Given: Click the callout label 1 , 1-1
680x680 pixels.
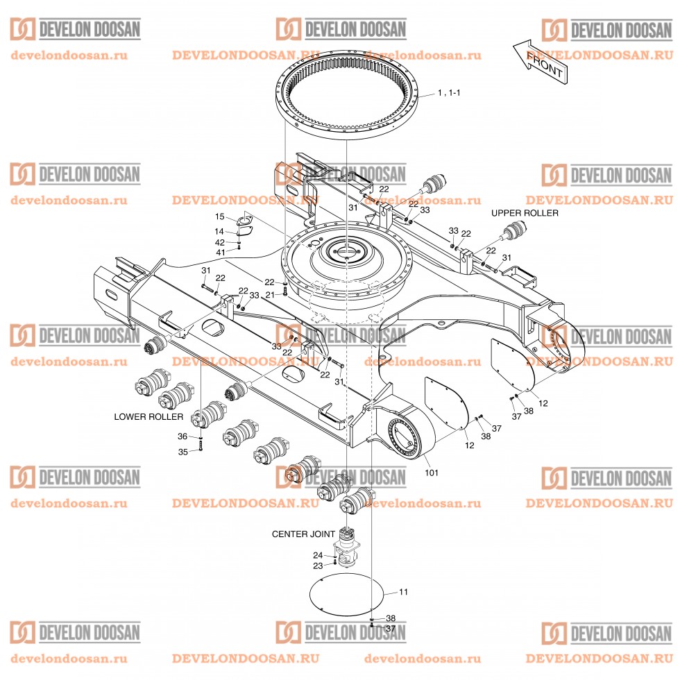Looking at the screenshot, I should (x=449, y=92).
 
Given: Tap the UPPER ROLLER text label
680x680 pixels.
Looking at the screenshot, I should (x=525, y=213).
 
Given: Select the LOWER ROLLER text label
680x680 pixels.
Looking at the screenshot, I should (x=148, y=417).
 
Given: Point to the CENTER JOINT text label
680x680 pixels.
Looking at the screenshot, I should (x=303, y=534).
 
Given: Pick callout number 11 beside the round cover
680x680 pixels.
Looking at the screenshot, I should (x=404, y=592).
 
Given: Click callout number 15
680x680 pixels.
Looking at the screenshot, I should (x=219, y=217).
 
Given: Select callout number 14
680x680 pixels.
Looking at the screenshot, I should (x=219, y=231).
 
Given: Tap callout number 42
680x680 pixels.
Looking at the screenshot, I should (x=219, y=242).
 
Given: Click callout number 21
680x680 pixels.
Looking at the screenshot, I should (x=271, y=295).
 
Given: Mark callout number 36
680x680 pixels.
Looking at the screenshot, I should (x=182, y=436).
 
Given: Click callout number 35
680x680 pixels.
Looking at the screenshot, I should (x=182, y=452).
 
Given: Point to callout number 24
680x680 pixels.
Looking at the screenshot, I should (x=317, y=555).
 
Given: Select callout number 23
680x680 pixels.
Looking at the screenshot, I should (x=317, y=566).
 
